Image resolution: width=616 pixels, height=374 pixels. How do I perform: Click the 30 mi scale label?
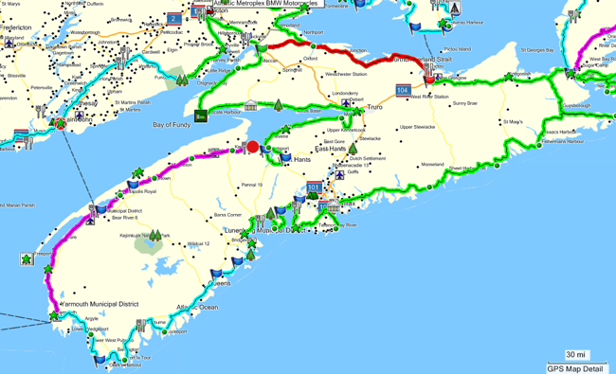coord(574,354)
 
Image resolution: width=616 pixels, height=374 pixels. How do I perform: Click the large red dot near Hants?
coord(252,147)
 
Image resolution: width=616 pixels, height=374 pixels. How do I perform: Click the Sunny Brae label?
coord(466,102)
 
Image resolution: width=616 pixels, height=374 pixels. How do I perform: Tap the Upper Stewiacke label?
coord(418,126)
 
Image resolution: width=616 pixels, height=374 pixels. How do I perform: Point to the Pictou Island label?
coord(458,48)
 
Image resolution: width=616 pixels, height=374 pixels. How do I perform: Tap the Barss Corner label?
coord(227,215)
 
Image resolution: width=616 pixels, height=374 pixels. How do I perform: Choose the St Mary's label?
coord(514,121)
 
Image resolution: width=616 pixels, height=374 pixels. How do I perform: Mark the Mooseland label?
coord(433,164)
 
